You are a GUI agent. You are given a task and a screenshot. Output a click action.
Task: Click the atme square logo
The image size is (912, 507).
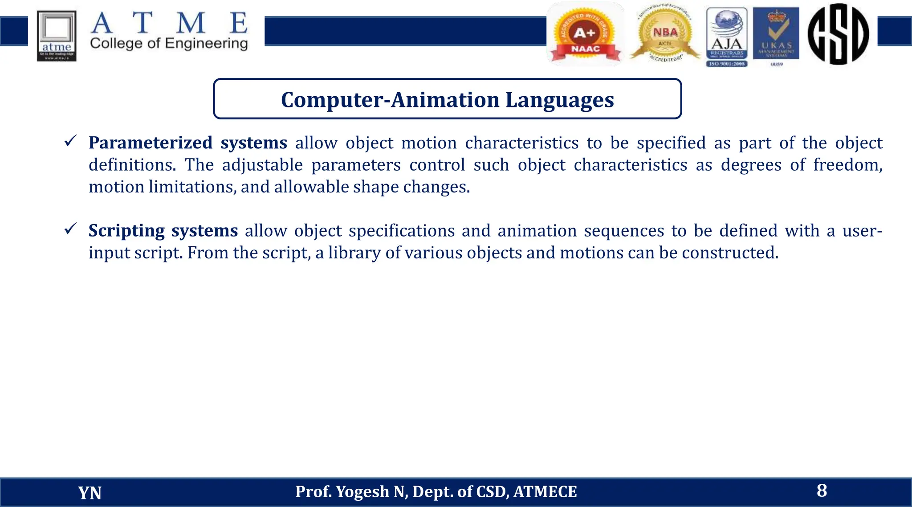tap(57, 36)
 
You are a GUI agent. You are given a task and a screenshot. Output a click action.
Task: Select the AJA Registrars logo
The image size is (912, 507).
tap(727, 37)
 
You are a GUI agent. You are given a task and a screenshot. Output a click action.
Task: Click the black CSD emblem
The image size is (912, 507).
tap(838, 34)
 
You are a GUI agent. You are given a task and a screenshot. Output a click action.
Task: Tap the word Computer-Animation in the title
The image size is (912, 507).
tap(390, 100)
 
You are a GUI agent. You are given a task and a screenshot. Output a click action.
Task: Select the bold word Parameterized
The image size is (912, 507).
tap(151, 143)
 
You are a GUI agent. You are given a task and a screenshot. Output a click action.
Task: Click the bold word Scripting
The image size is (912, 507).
tap(126, 231)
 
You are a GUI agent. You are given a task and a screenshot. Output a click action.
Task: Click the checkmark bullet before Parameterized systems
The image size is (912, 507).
tap(71, 141)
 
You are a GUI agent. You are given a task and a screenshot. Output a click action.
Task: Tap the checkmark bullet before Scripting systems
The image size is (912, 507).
tap(71, 229)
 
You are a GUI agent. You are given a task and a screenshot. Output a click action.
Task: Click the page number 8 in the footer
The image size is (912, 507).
tap(822, 491)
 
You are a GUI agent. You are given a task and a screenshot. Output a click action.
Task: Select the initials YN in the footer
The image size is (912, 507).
tap(90, 493)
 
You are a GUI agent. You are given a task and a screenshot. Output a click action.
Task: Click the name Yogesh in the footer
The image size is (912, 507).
tap(362, 492)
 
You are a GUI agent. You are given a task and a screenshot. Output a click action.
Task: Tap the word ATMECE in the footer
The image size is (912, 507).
tap(545, 492)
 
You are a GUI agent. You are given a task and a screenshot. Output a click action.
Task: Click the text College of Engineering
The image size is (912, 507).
tap(169, 44)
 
